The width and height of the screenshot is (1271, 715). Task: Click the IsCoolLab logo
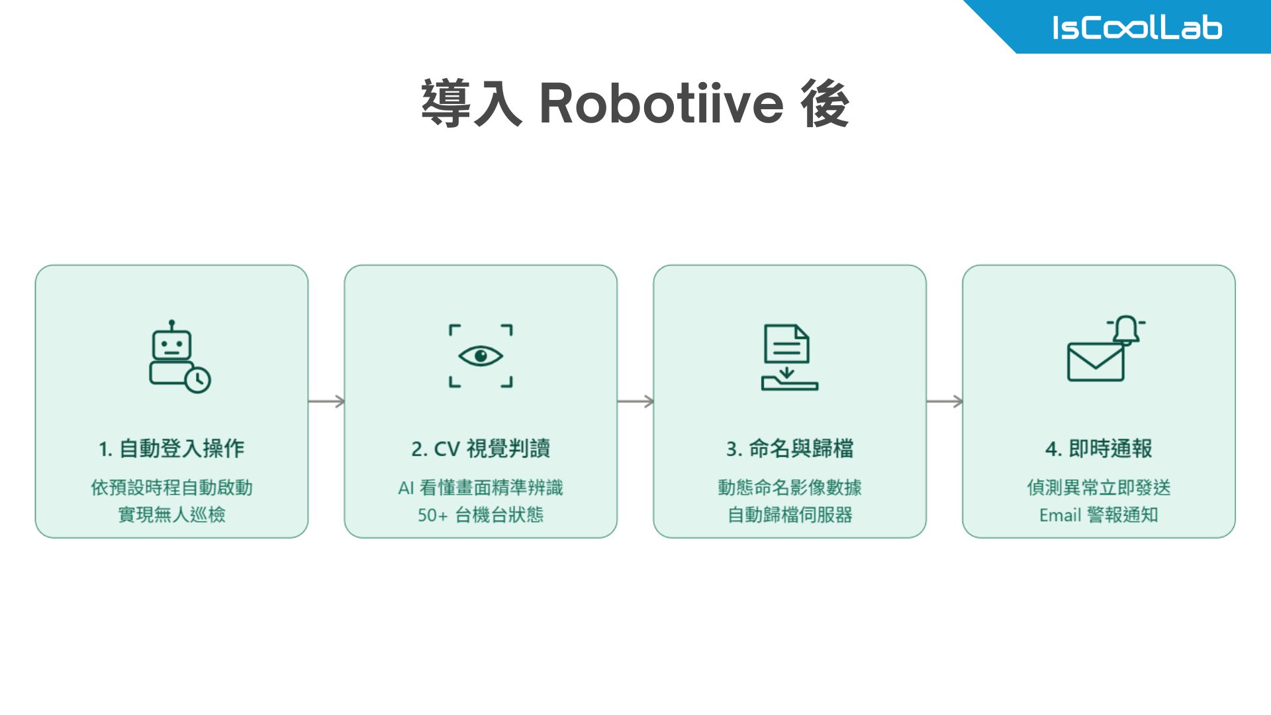pos(1137,28)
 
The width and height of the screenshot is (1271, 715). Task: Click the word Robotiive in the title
pos(661,104)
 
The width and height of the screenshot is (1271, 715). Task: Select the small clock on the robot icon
pos(197,380)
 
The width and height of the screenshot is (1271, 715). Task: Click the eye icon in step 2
pos(481,356)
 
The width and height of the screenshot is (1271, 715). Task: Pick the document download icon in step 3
pos(789,357)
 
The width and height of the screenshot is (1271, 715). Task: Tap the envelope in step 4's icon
pos(1096,362)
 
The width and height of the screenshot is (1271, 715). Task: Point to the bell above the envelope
pos(1126,330)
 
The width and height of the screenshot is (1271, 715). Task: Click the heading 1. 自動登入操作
pos(171,448)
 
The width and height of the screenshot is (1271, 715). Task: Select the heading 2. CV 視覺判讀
pos(481,448)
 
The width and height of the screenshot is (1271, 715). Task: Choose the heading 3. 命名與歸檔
pos(790,448)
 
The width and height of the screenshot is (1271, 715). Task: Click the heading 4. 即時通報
pos(1099,448)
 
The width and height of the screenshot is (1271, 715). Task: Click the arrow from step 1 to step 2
pos(326,401)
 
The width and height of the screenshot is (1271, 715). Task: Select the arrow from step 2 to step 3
pos(635,401)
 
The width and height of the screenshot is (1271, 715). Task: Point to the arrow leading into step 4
pos(945,401)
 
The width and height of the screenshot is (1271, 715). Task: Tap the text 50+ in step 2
pos(432,515)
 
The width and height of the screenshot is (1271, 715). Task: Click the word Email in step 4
pos(1060,515)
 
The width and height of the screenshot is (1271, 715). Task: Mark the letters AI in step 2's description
pos(406,488)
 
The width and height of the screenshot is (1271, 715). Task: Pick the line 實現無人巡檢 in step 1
pos(171,514)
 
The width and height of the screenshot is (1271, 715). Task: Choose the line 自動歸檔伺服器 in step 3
pos(790,514)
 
